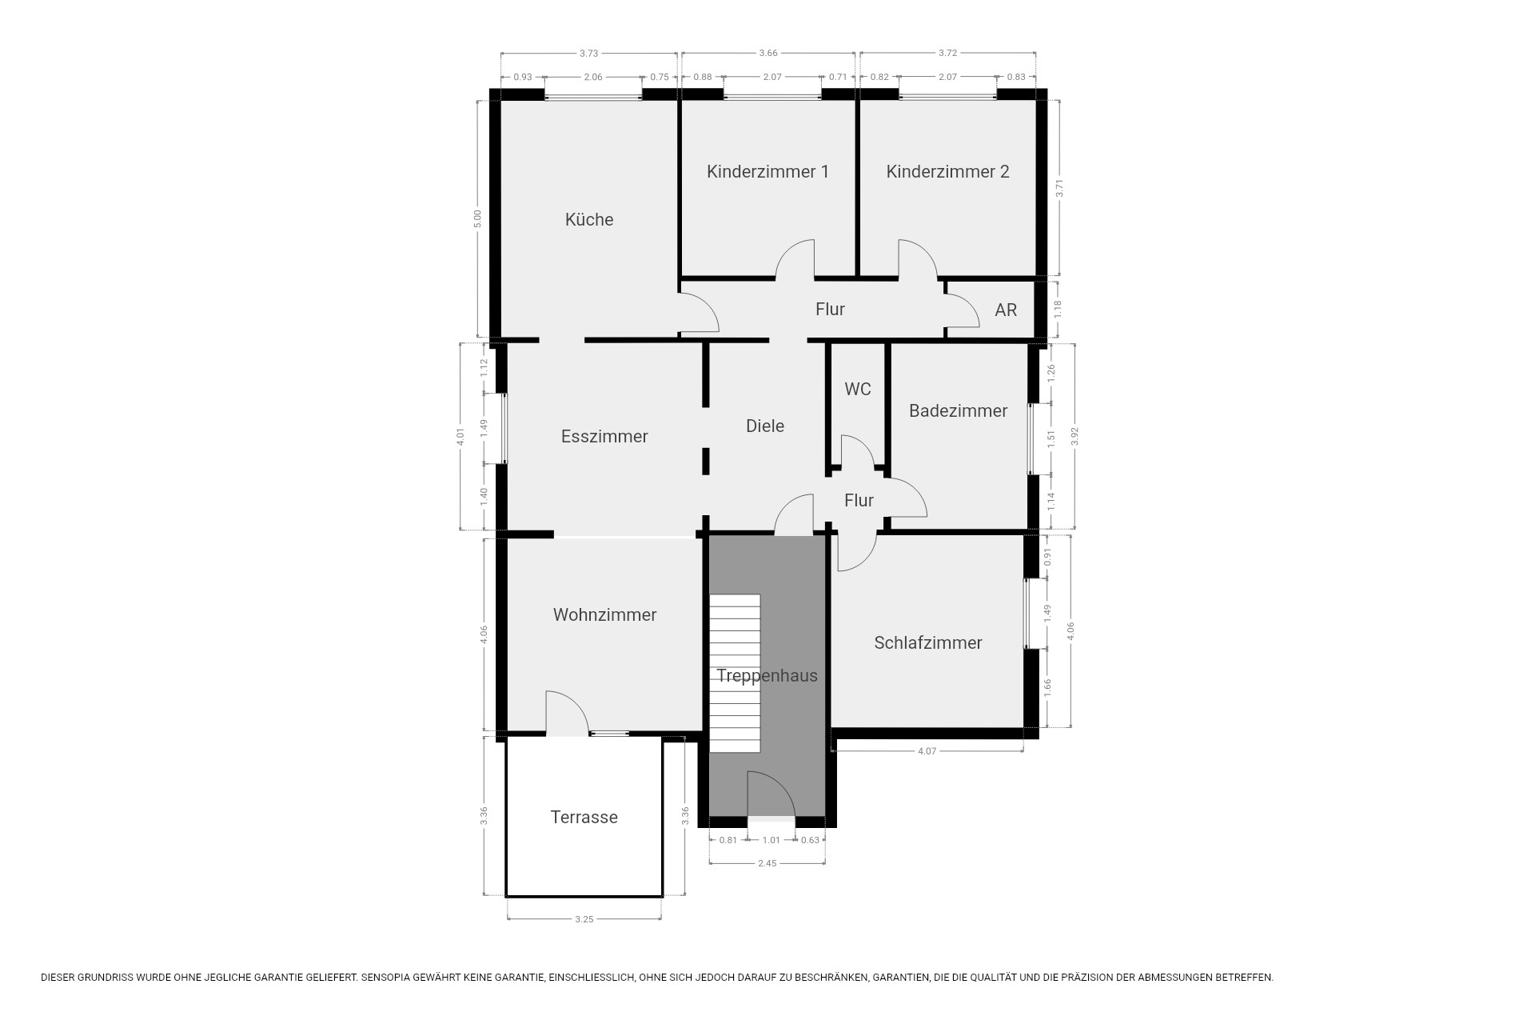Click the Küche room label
(589, 219)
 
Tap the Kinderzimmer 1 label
(767, 171)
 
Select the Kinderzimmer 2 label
(947, 171)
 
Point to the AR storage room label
(1006, 310)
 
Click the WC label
(858, 389)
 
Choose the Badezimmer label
(958, 410)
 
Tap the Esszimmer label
(604, 436)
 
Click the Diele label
(765, 426)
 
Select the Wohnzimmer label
(604, 614)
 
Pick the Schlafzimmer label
(928, 642)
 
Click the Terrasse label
(584, 817)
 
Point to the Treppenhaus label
(767, 675)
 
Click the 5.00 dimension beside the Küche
(477, 218)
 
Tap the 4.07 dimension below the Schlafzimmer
(927, 751)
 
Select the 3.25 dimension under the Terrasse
(584, 919)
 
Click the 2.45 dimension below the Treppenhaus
(767, 863)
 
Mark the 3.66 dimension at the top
(767, 53)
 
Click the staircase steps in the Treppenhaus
(735, 673)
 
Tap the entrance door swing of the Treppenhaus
(770, 794)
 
